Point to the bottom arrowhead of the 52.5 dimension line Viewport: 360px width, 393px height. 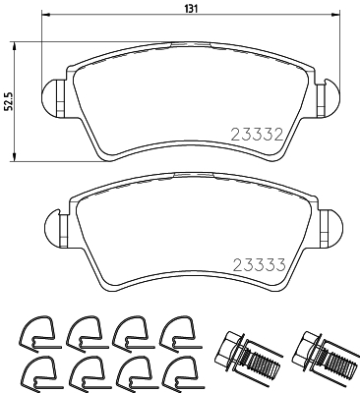click(16, 158)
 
